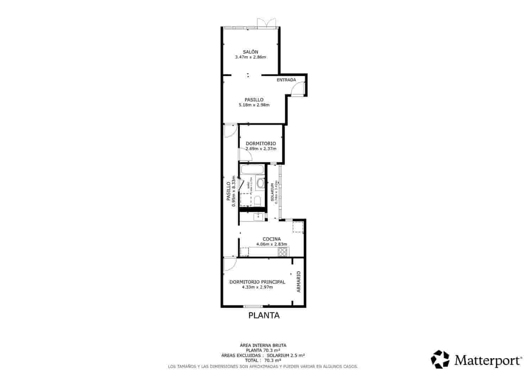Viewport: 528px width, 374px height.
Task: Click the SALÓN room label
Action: click(250, 52)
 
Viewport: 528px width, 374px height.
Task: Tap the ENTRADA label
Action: click(286, 80)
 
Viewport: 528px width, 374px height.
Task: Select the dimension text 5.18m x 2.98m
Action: click(254, 105)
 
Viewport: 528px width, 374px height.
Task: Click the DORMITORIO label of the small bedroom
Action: click(260, 143)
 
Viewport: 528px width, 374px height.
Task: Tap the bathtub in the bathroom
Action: click(252, 170)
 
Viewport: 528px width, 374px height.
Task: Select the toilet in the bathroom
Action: click(257, 201)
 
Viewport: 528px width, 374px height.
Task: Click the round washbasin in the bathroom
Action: click(260, 183)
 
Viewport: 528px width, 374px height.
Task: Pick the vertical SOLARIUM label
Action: click(272, 192)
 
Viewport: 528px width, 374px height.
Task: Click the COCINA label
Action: click(271, 239)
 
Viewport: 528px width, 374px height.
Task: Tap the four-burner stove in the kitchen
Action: click(283, 252)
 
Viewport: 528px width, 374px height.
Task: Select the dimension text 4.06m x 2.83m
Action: click(271, 244)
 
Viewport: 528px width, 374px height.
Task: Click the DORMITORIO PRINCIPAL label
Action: click(257, 282)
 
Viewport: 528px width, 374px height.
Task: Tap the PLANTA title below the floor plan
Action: click(264, 315)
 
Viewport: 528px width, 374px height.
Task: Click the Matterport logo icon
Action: click(440, 359)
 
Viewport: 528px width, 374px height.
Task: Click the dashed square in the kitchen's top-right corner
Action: click(298, 227)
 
